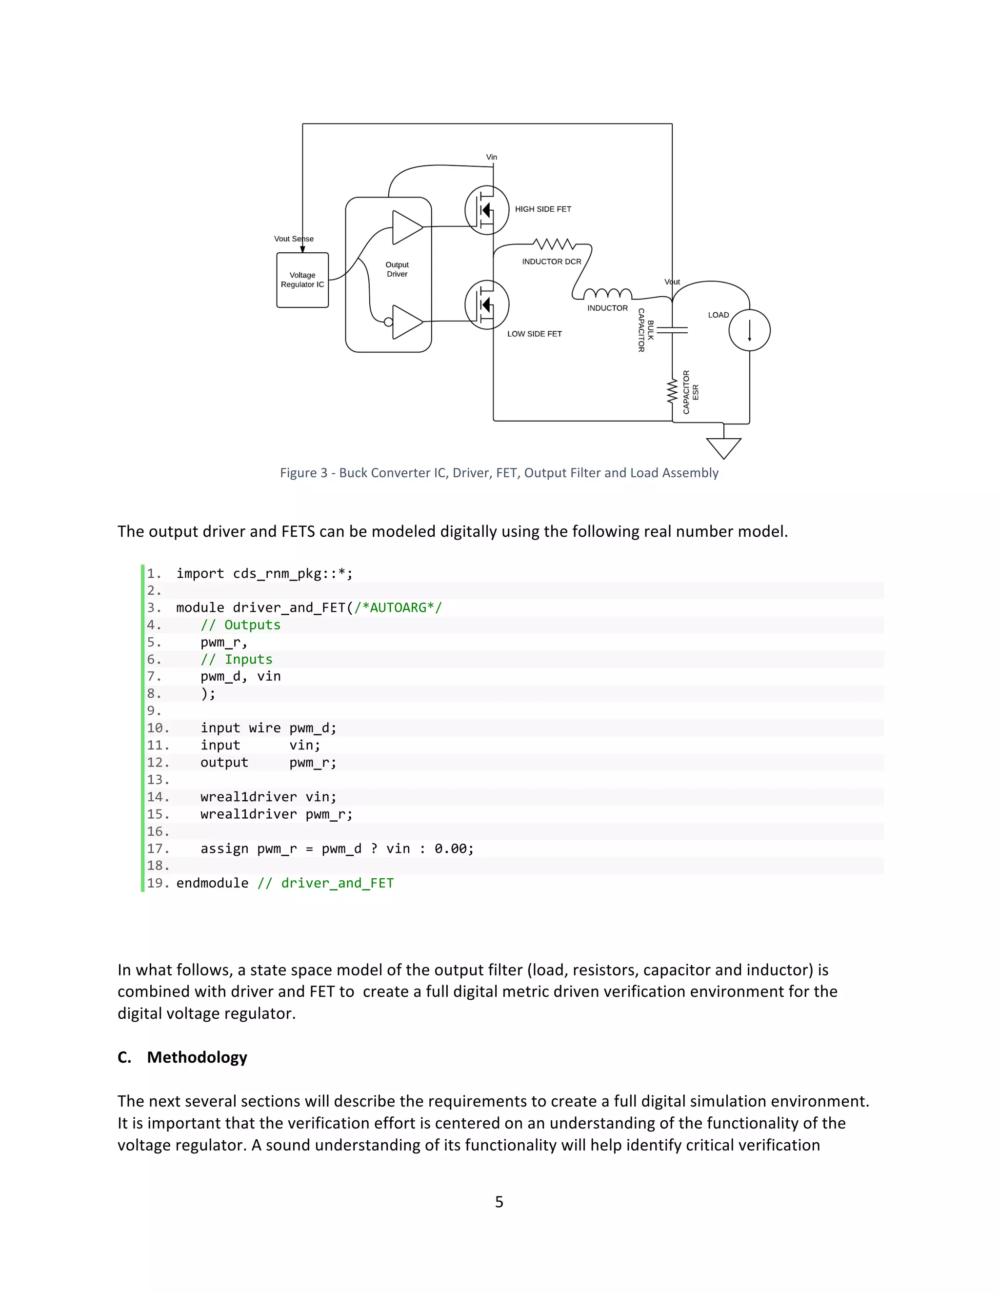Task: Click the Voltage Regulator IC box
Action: [x=302, y=280]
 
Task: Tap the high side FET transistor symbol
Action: [x=486, y=210]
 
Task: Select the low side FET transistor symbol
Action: [x=486, y=304]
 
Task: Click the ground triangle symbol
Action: [x=723, y=447]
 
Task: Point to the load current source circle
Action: [x=749, y=330]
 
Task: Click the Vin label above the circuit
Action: [x=491, y=157]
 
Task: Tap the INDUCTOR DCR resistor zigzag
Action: [x=554, y=244]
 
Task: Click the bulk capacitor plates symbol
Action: [x=672, y=330]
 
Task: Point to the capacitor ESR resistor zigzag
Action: [x=672, y=391]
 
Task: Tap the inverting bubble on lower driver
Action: [x=388, y=322]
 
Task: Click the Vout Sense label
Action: [x=294, y=239]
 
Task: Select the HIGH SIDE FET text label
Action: [x=543, y=209]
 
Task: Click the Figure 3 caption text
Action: [x=499, y=472]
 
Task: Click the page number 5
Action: [x=499, y=1201]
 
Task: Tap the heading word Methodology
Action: [x=197, y=1057]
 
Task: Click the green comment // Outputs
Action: [x=240, y=625]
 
